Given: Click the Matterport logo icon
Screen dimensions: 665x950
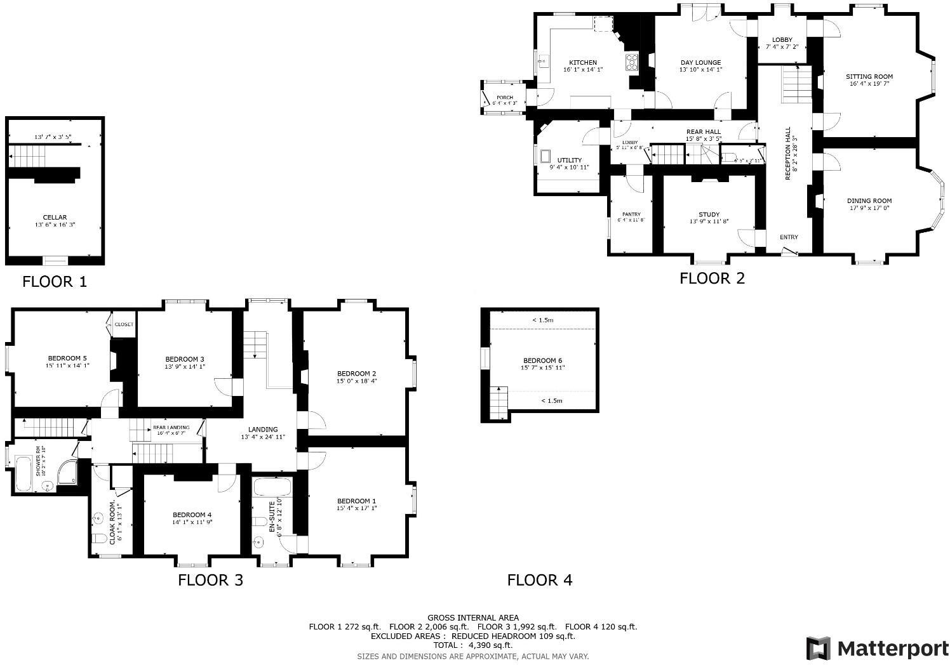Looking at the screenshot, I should [818, 648].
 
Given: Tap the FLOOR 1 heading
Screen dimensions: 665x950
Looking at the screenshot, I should [54, 282].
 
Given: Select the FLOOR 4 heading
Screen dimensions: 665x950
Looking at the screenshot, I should [539, 580].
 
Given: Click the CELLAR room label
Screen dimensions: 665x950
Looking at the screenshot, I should [55, 218].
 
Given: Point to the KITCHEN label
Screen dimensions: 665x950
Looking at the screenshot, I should [582, 62].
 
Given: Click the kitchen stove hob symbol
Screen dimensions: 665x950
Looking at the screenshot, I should [632, 62].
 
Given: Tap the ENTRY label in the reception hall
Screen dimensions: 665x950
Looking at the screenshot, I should [789, 237].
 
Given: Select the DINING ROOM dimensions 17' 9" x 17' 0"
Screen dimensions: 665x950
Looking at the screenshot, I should [870, 208].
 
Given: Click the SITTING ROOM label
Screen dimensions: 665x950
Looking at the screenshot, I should [869, 76].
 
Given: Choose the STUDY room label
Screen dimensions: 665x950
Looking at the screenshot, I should [709, 214].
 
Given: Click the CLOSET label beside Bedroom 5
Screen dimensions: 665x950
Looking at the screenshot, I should [124, 324].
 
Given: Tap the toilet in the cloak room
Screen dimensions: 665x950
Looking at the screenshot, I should [99, 540].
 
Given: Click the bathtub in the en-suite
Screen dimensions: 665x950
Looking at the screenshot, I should [272, 487].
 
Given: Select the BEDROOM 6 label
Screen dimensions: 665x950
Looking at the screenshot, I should [542, 360].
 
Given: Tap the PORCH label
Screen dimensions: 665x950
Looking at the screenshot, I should [504, 98].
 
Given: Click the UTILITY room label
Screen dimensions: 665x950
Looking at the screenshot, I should [569, 160].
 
